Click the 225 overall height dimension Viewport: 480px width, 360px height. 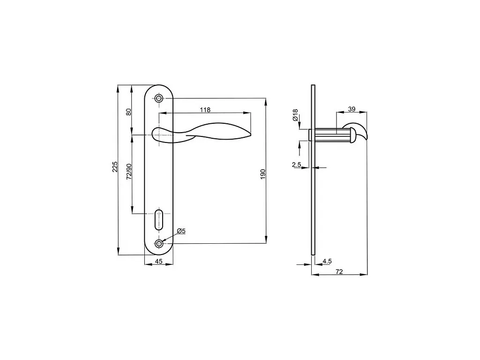(x=115, y=168)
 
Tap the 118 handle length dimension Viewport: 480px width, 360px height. (x=205, y=110)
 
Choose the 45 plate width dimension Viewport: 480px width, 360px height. (x=158, y=262)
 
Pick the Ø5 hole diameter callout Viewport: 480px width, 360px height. (x=181, y=231)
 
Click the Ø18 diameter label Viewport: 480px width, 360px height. (x=295, y=115)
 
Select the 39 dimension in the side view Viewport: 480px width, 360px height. (x=352, y=109)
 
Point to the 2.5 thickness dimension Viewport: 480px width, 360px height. (x=296, y=165)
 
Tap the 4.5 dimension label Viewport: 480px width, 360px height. (x=327, y=261)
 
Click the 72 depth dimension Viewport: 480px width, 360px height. (x=339, y=271)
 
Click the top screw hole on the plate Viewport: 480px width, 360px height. (x=159, y=98)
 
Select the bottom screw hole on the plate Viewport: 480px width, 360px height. (x=159, y=243)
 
